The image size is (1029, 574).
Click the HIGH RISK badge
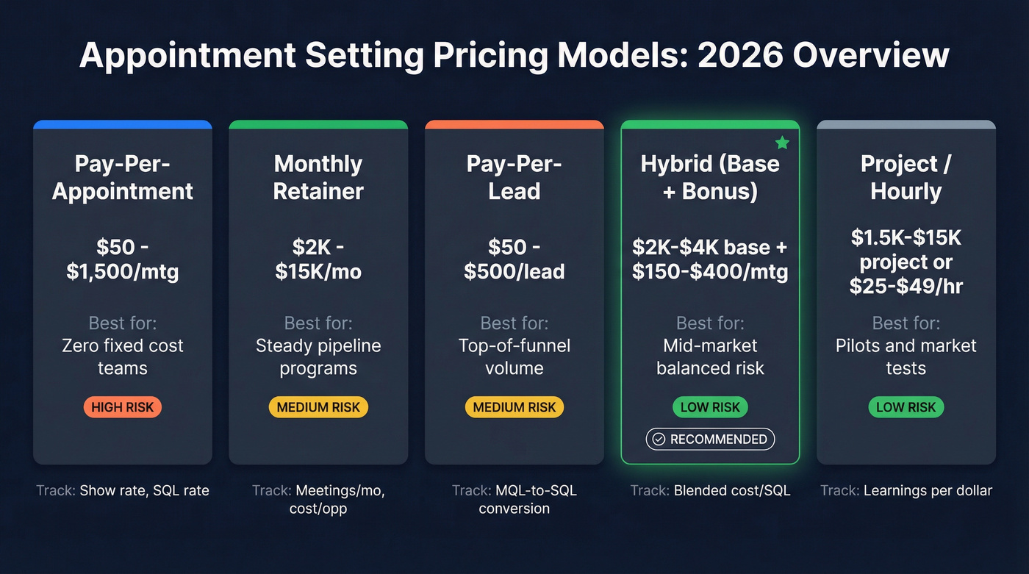click(x=123, y=407)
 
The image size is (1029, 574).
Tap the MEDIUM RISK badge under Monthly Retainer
click(x=318, y=407)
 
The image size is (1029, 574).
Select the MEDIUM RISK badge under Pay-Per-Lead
click(x=514, y=407)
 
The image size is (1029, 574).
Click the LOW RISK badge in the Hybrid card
click(x=710, y=407)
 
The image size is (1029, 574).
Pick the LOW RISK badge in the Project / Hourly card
click(x=906, y=407)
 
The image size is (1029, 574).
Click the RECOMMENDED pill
click(x=710, y=439)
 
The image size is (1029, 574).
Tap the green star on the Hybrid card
click(x=782, y=143)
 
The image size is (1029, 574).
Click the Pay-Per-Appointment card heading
click(x=123, y=177)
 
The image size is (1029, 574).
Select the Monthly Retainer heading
click(x=318, y=177)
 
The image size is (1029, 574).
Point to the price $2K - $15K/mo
click(x=318, y=258)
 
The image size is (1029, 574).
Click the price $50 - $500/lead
click(x=514, y=258)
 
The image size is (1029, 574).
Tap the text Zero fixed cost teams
click(x=123, y=356)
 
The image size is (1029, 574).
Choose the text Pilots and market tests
click(x=906, y=356)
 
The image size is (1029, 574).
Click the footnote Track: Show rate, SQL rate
click(x=123, y=490)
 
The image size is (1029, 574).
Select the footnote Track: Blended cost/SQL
click(x=710, y=490)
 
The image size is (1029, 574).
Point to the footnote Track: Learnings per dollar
click(x=906, y=490)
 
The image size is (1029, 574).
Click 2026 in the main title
click(x=743, y=56)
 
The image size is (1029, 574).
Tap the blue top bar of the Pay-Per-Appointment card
click(x=123, y=125)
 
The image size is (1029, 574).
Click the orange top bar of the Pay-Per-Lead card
click(x=514, y=125)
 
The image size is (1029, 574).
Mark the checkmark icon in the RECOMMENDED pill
click(x=659, y=440)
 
